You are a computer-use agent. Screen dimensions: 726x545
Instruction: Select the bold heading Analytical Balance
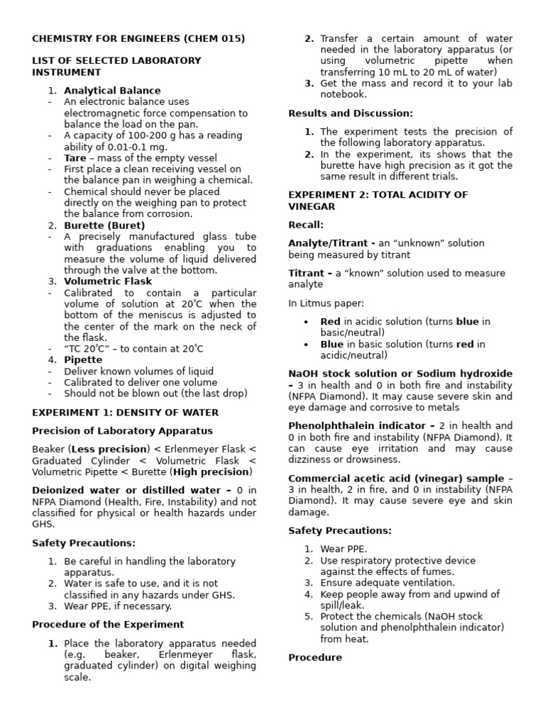coord(112,91)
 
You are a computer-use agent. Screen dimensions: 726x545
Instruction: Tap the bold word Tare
coord(75,158)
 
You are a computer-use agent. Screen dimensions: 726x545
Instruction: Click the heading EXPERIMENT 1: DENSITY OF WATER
coord(126,413)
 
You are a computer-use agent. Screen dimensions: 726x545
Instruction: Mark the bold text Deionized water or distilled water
coord(126,491)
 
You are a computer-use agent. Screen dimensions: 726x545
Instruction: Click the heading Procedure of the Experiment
coord(108,625)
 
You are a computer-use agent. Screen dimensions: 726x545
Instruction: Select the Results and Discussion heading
coord(351,113)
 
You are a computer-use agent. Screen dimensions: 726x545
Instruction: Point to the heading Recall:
coord(306,225)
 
